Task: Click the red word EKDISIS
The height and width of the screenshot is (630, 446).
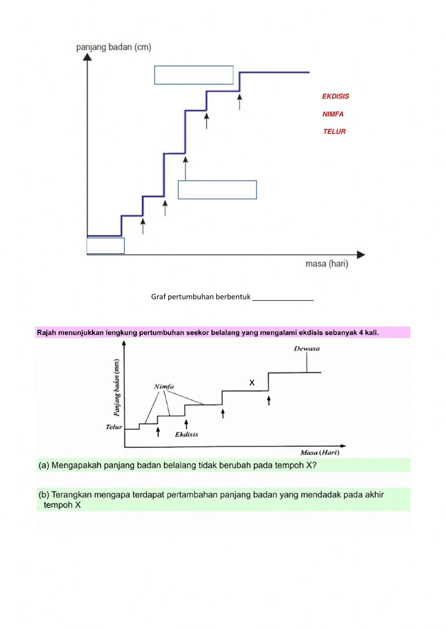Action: click(335, 96)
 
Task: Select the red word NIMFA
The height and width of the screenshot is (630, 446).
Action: click(333, 114)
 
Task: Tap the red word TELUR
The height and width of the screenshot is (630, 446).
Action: click(334, 132)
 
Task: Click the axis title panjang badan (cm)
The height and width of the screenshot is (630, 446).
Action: click(114, 47)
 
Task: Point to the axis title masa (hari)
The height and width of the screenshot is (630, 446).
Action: click(326, 264)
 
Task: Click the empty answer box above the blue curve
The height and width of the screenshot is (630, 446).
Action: click(194, 75)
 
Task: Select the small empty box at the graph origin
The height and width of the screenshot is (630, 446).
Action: click(106, 246)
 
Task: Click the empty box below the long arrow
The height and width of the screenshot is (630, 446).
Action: click(217, 189)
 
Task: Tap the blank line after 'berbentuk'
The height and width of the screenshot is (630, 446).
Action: click(283, 297)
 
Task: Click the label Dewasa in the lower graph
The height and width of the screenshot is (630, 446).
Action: click(306, 349)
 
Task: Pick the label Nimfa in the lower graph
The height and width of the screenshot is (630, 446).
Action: click(164, 387)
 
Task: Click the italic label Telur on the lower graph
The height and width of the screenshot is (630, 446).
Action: click(114, 427)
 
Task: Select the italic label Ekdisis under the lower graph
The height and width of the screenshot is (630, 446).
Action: click(186, 434)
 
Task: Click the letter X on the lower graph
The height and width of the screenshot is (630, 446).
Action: click(252, 383)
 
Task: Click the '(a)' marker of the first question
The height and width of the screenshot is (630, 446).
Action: click(44, 465)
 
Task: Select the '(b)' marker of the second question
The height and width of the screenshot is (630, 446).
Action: click(44, 494)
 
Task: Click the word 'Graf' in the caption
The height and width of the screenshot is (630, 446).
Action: click(159, 297)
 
